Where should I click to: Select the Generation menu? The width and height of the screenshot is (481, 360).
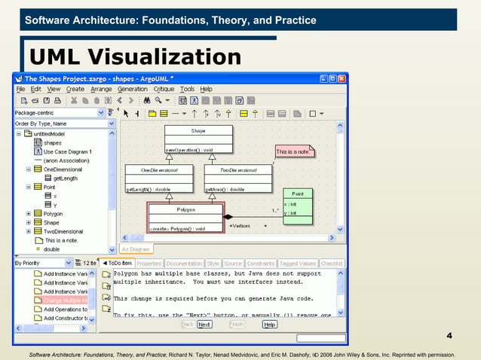click(132, 89)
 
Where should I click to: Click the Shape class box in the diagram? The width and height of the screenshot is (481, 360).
click(198, 139)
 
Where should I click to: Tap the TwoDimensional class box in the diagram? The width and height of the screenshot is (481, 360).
click(237, 179)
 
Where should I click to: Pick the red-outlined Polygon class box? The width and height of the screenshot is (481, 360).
click(185, 217)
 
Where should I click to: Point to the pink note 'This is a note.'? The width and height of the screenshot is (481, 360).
click(293, 151)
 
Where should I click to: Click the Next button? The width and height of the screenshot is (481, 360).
click(204, 325)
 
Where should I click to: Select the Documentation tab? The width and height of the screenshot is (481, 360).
click(184, 264)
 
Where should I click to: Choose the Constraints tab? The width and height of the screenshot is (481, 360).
click(260, 264)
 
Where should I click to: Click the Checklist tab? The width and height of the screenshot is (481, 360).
click(332, 264)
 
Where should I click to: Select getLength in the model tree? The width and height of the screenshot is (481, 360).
click(66, 178)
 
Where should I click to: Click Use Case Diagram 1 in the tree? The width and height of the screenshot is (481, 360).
click(67, 151)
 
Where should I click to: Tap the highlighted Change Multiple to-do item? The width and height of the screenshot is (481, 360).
click(66, 301)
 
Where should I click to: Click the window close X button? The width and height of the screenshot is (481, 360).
click(342, 78)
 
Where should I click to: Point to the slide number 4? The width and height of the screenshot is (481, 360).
click(449, 335)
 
